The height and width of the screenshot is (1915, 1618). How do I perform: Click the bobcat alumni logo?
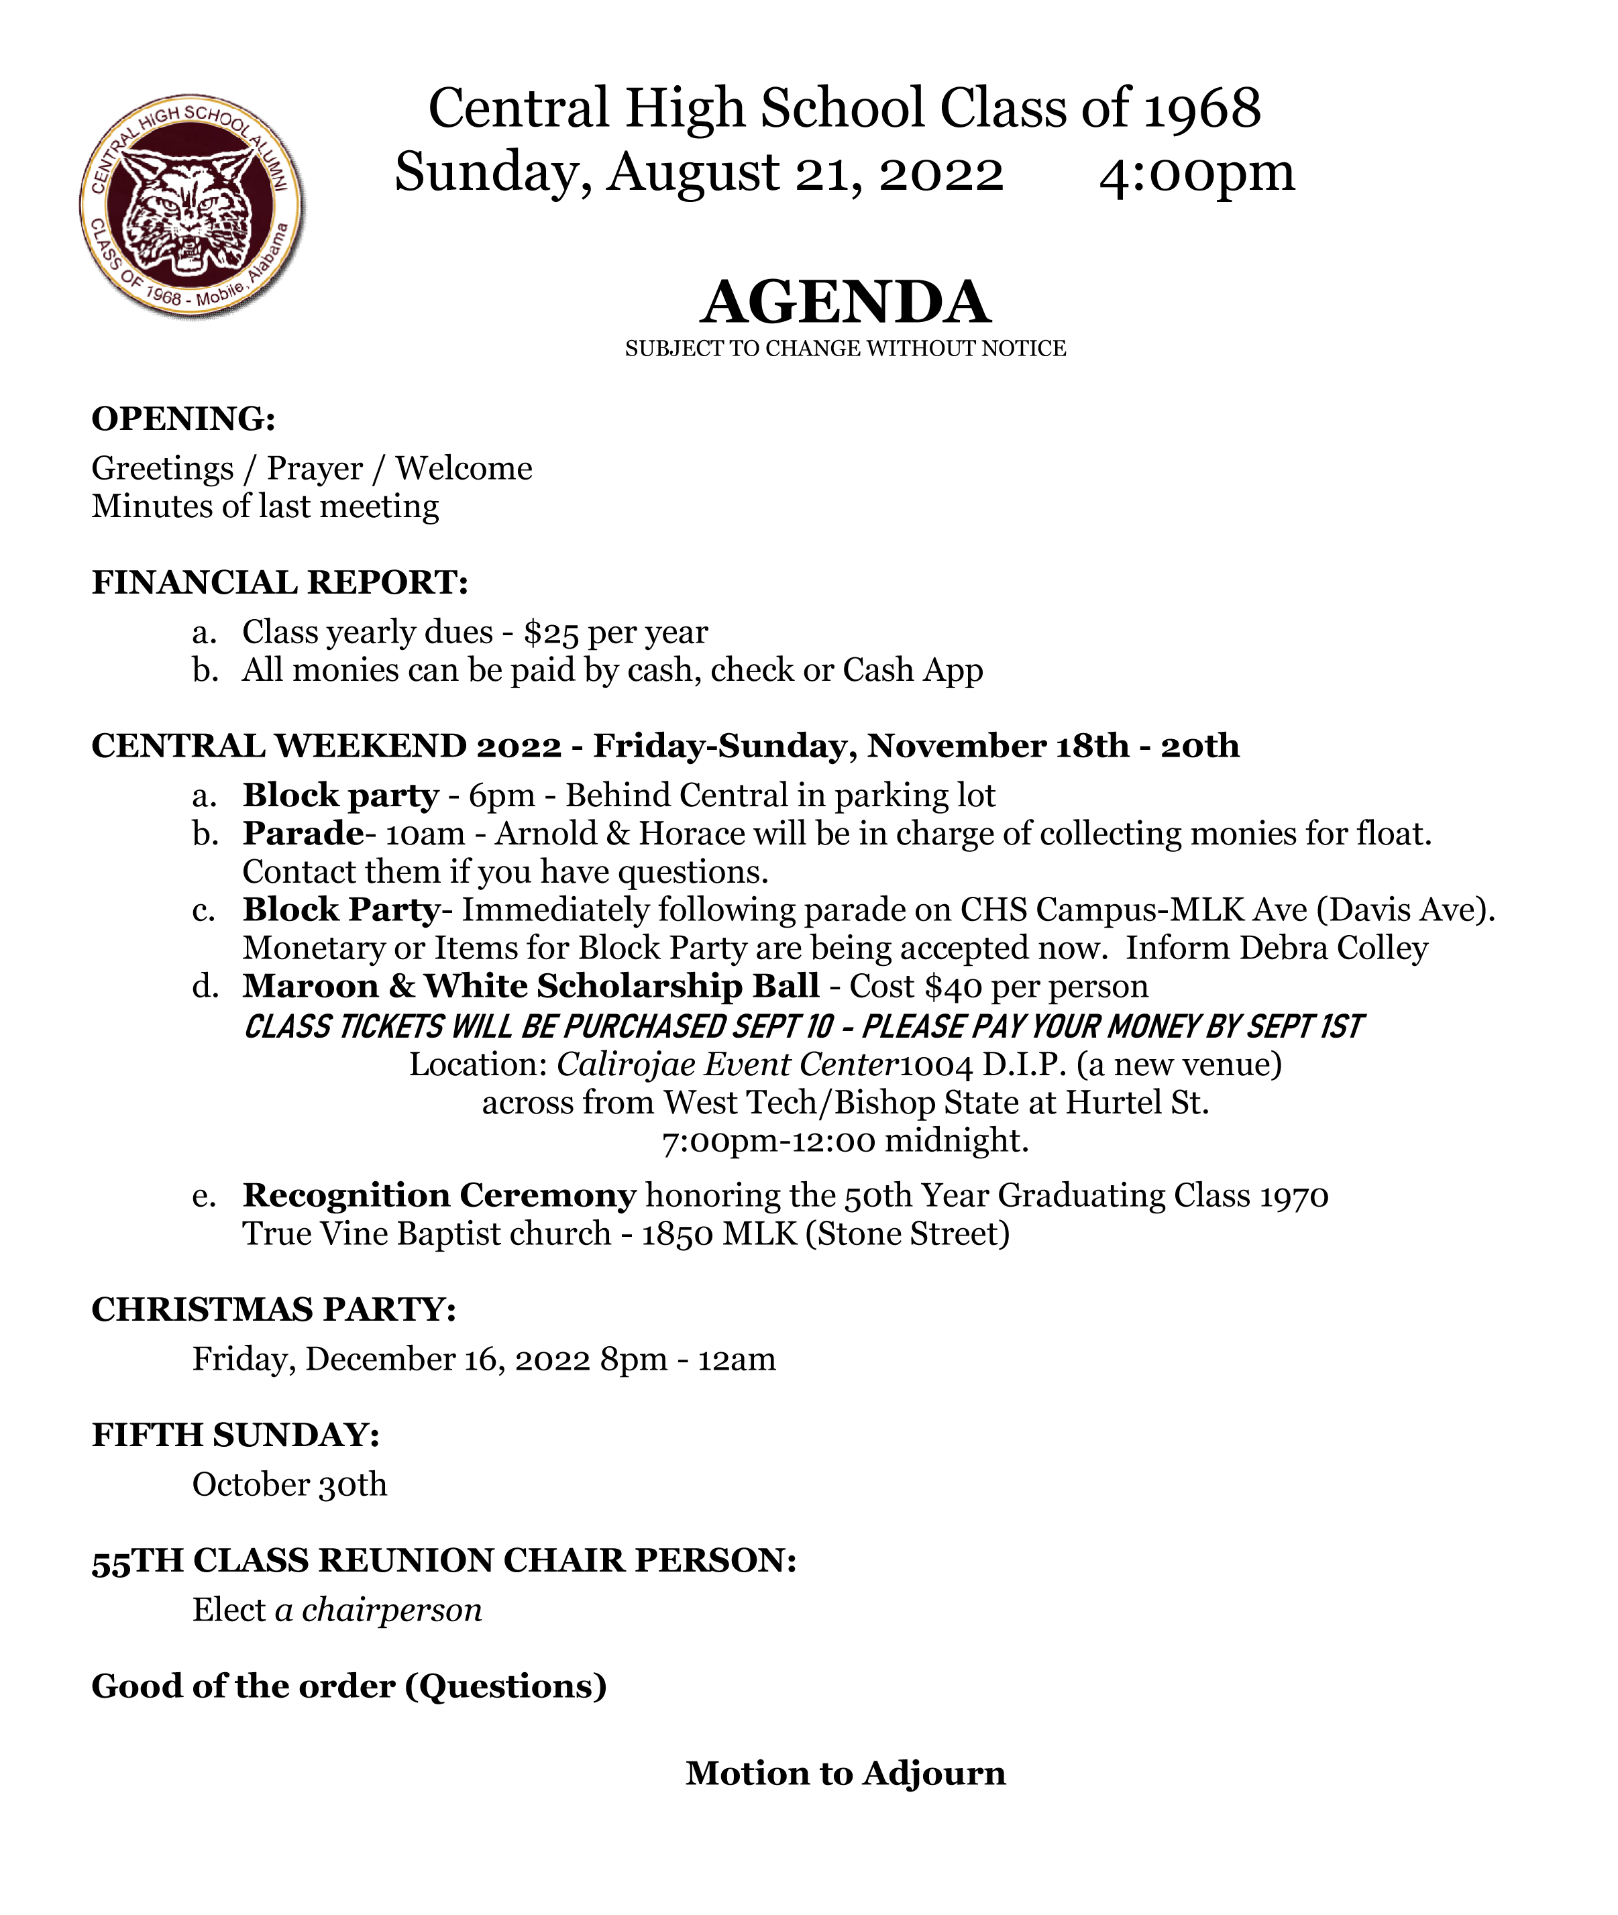(x=191, y=207)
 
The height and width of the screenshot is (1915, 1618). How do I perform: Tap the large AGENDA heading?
(x=845, y=303)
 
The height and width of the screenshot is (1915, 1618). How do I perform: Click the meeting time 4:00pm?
(x=1196, y=172)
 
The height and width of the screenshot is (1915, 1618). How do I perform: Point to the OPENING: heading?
(x=183, y=419)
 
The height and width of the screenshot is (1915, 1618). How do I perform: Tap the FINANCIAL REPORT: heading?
(x=280, y=582)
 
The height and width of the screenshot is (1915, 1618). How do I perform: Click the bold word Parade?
(x=303, y=834)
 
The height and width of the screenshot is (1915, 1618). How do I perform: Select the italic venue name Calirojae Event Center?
(x=726, y=1064)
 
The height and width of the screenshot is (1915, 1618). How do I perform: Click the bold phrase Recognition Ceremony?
(x=439, y=1196)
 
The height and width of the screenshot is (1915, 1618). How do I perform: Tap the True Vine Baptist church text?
(x=427, y=1234)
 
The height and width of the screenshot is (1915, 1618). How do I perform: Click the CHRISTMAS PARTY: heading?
(x=273, y=1310)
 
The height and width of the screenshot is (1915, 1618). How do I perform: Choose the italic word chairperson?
(x=392, y=1610)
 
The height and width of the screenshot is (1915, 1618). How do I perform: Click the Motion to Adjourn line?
(x=845, y=1773)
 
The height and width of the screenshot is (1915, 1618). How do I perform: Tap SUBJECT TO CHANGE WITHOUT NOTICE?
(x=845, y=349)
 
